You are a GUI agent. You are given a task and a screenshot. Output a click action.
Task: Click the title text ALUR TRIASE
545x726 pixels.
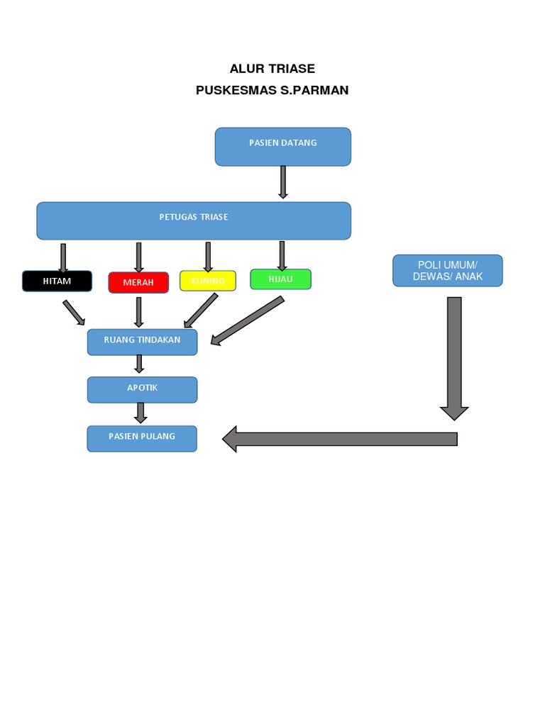pos(272,69)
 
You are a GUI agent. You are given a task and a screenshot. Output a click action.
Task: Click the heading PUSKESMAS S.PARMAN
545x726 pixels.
pos(272,91)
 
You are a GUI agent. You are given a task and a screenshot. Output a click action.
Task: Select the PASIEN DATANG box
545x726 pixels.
pos(282,146)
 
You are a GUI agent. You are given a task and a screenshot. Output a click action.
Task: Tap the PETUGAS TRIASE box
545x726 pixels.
pos(194,220)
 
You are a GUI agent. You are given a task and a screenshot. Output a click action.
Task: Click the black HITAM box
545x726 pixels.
pos(57,281)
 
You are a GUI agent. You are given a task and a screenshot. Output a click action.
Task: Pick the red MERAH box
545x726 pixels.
pos(138,282)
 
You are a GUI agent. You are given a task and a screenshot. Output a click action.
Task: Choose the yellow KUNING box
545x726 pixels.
pos(207,281)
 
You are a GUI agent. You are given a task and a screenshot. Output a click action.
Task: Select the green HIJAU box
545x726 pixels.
pos(281,279)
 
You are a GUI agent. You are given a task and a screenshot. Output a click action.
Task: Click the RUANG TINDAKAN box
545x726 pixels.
pos(142,341)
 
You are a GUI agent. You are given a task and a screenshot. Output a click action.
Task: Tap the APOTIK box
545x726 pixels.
pos(142,389)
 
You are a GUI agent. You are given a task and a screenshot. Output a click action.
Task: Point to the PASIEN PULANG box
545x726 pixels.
pos(142,438)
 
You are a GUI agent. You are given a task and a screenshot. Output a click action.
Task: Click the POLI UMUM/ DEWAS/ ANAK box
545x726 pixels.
pos(447,271)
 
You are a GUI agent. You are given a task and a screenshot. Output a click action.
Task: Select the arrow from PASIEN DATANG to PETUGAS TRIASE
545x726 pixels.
pos(282,182)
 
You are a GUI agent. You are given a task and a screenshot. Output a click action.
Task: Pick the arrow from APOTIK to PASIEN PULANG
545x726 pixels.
pos(141,413)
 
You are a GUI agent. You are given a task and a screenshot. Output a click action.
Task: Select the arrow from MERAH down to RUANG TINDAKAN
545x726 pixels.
pos(139,312)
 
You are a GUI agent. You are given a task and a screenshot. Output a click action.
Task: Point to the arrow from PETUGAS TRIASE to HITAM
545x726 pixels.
pos(63,257)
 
